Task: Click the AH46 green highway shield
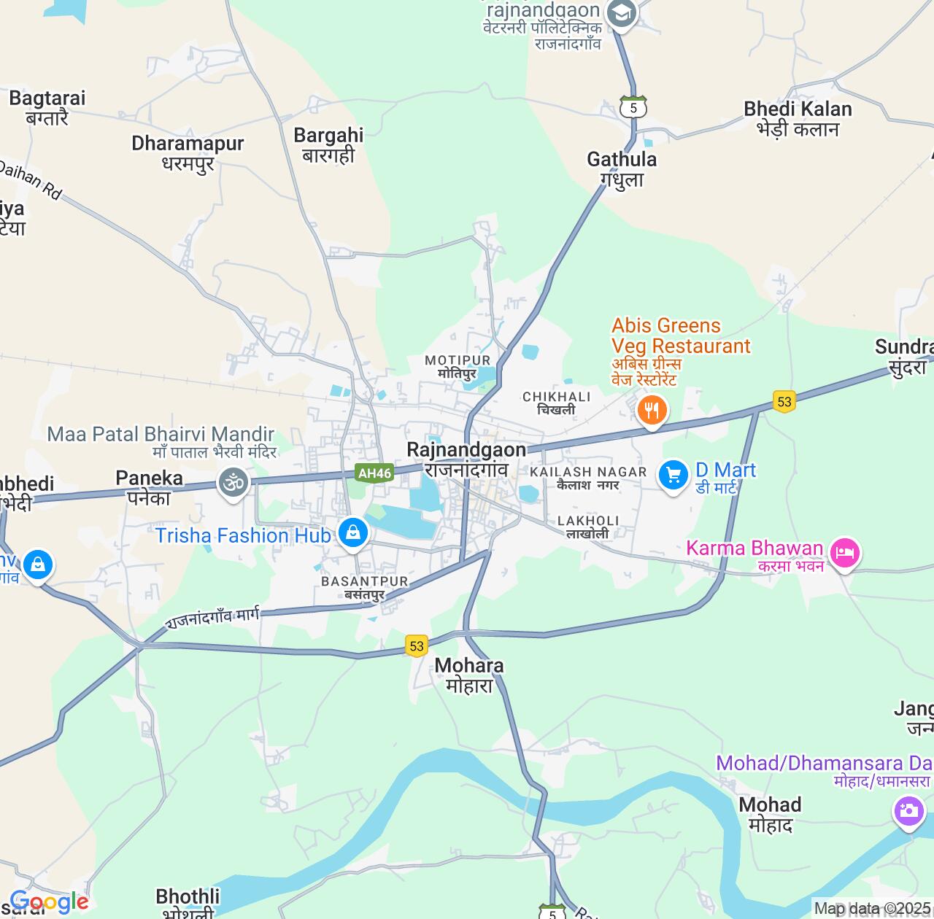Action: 374,473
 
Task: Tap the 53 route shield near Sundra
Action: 784,401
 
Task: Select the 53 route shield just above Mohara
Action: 417,645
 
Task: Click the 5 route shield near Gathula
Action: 633,107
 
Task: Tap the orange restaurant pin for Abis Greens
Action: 652,411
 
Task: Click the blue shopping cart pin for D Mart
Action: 673,476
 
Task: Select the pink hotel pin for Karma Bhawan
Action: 844,554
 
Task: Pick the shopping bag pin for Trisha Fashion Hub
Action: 353,533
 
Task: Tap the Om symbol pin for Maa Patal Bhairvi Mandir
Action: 233,483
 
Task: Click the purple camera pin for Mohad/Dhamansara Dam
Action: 908,811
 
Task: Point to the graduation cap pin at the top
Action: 622,13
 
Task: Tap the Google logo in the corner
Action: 50,902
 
